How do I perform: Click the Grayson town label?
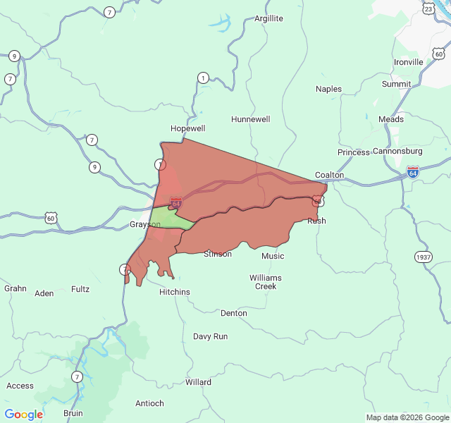[x=144, y=225]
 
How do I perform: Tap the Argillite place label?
[x=268, y=18]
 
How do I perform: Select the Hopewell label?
[x=187, y=128]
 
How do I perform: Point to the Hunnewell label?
[x=250, y=119]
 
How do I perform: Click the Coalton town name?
[x=329, y=175]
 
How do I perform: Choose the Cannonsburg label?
[x=397, y=151]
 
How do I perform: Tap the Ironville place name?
[x=408, y=62]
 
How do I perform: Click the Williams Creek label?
[x=265, y=282]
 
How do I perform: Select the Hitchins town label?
[x=174, y=292]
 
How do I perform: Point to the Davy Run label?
[x=210, y=336]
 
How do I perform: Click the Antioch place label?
[x=149, y=403]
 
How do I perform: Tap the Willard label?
[x=198, y=382]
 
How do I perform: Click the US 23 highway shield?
[x=428, y=8]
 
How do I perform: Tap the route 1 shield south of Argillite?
[x=203, y=78]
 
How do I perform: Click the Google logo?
[x=23, y=415]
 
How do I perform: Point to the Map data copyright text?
[x=407, y=417]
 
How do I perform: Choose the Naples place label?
[x=328, y=89]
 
